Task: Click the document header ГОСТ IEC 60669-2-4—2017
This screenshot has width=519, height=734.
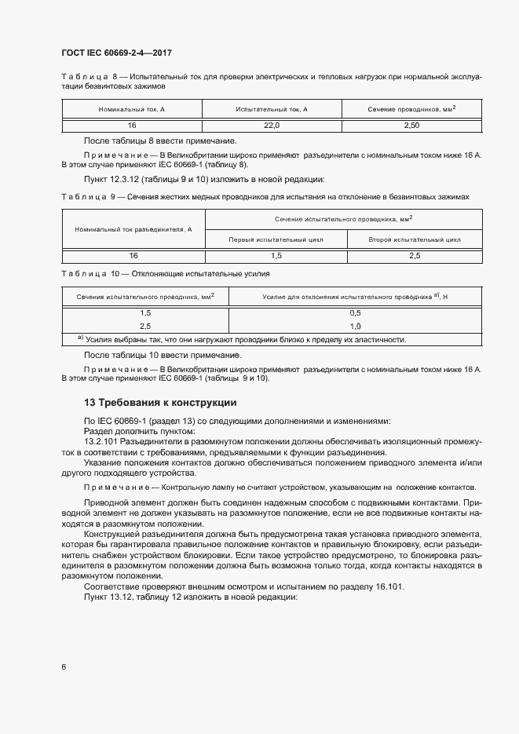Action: point(116,53)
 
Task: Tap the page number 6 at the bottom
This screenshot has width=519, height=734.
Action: point(64,666)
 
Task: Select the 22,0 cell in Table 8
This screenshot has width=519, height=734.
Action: point(272,125)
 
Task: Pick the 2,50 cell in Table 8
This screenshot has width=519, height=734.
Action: point(411,125)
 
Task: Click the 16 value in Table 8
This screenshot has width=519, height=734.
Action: point(132,125)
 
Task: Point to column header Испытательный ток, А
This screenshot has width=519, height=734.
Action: point(272,108)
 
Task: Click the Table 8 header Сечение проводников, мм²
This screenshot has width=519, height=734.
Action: point(411,108)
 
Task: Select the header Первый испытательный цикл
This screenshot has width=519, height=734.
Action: point(276,239)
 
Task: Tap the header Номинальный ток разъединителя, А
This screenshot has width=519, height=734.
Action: point(133,229)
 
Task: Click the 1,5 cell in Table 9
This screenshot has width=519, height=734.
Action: point(276,256)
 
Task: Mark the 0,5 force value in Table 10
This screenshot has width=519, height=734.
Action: point(355,312)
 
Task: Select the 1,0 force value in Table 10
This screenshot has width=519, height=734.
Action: point(355,325)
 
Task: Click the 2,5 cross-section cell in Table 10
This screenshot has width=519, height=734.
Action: point(145,325)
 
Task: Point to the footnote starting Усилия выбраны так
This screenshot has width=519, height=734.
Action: point(243,339)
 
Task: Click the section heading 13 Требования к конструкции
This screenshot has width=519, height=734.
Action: point(160,402)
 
